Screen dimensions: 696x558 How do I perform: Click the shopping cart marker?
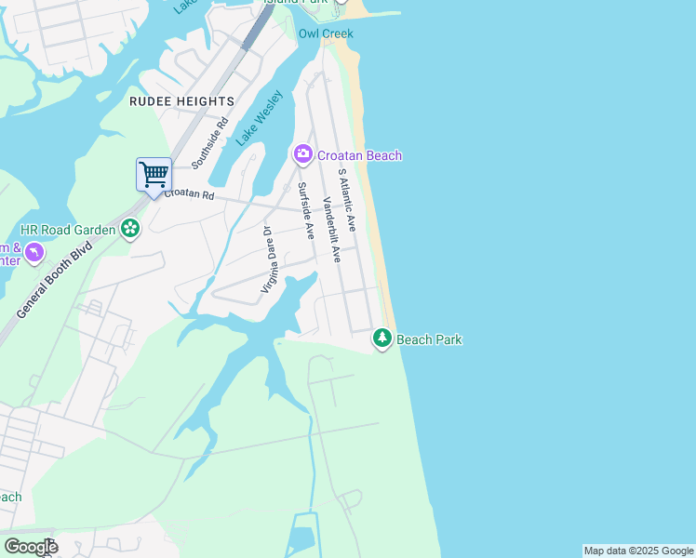click(154, 175)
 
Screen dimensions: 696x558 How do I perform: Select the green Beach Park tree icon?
click(382, 339)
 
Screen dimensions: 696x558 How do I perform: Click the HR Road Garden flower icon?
click(130, 229)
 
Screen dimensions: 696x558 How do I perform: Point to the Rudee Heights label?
click(182, 101)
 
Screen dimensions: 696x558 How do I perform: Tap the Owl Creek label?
click(326, 33)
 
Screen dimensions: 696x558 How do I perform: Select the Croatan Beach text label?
click(359, 155)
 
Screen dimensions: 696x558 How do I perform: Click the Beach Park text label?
click(429, 339)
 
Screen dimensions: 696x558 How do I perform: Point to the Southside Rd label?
click(209, 143)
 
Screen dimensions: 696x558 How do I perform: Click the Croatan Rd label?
click(190, 195)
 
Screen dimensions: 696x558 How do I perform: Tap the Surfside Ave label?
click(305, 210)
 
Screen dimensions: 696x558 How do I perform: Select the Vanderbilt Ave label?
click(331, 229)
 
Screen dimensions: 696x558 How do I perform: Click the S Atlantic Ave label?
click(347, 200)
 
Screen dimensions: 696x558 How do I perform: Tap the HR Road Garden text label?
click(68, 230)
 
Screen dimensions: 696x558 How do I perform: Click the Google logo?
click(31, 547)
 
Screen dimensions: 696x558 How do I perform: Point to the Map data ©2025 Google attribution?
click(638, 551)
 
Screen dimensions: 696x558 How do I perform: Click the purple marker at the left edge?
click(33, 252)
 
